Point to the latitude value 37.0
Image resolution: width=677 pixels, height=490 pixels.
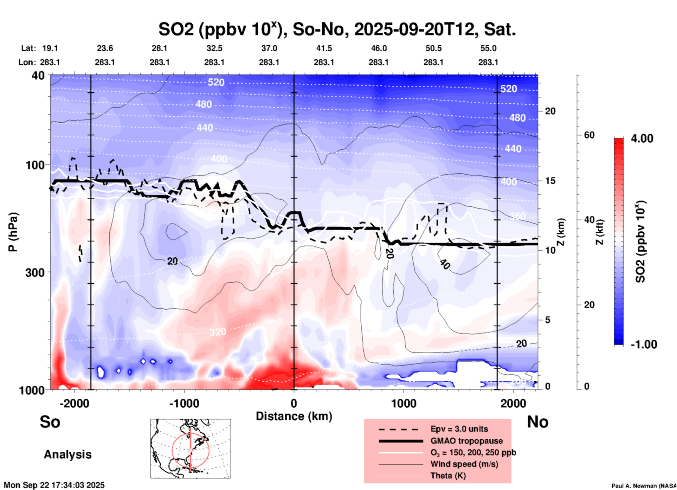click(269, 48)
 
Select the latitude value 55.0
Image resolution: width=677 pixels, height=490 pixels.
click(488, 48)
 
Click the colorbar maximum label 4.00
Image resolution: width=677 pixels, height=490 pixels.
click(642, 138)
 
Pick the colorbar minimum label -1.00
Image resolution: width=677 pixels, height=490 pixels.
click(644, 344)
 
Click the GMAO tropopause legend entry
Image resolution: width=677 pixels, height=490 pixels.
click(466, 441)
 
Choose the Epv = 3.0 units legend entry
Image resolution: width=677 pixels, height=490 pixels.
click(459, 429)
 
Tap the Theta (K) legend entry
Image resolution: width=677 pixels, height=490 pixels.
click(448, 476)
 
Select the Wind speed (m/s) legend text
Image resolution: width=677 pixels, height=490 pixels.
click(464, 464)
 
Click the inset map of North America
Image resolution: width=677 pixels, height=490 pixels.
click(191, 448)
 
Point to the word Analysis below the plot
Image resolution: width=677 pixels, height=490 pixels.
click(67, 454)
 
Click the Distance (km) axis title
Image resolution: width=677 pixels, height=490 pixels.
click(294, 416)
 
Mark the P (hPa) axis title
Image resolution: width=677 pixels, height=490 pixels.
click(13, 232)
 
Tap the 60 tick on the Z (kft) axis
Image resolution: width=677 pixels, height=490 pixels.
click(589, 135)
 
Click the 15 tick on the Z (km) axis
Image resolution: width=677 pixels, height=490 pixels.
click(550, 181)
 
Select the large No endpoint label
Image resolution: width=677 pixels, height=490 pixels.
click(537, 422)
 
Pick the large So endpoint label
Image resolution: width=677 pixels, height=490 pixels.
click(50, 422)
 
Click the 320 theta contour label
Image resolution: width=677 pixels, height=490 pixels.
click(218, 332)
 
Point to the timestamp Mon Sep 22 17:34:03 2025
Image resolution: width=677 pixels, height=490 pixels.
click(54, 485)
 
